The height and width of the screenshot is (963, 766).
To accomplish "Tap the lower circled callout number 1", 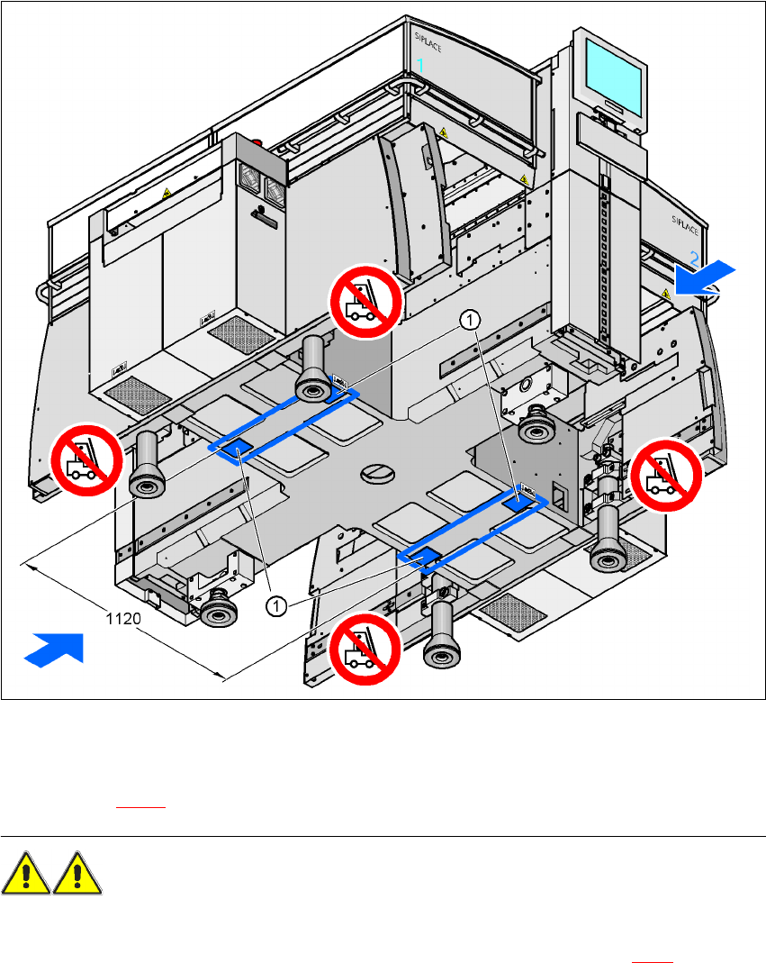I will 276,606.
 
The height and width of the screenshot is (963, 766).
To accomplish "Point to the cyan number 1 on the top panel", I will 420,65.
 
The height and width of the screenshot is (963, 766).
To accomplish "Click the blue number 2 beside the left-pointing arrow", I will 694,258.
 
